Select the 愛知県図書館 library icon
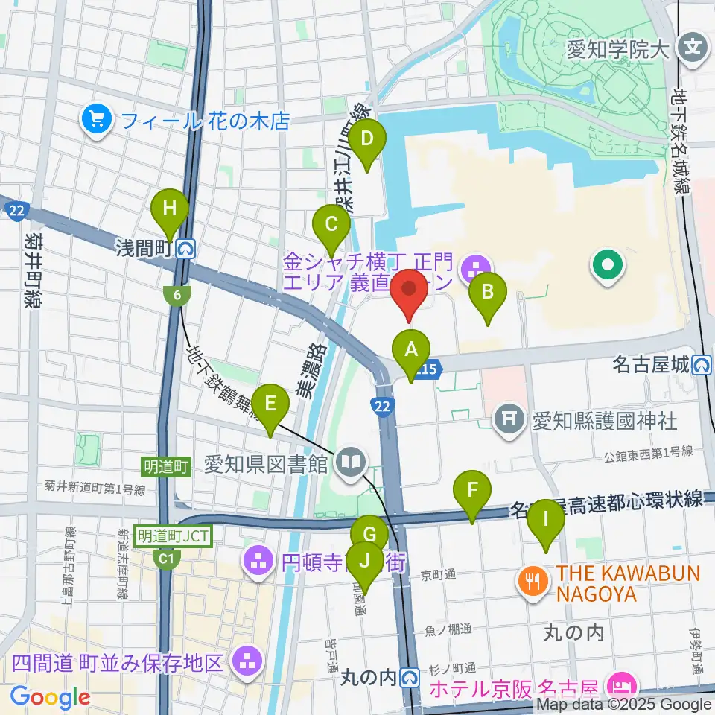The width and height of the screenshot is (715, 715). [349, 463]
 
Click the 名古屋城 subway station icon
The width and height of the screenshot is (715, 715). [702, 365]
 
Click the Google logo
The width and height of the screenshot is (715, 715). [50, 697]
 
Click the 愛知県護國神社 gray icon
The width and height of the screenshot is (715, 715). [509, 421]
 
